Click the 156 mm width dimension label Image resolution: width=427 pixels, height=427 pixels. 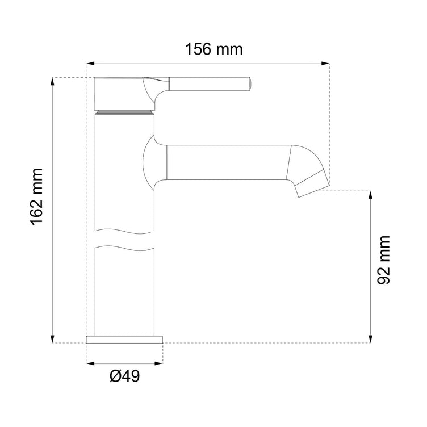click(213, 49)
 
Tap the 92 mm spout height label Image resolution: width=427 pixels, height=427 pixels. click(383, 260)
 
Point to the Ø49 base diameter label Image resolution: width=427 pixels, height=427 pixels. click(125, 376)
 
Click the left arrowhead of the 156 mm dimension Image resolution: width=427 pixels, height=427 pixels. click(90, 64)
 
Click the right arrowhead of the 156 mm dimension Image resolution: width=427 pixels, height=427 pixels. click(325, 64)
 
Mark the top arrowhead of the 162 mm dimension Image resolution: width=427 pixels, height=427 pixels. click(52, 82)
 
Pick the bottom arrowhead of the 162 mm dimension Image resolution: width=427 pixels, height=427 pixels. click(52, 339)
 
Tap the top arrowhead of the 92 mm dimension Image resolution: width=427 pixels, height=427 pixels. click(370, 195)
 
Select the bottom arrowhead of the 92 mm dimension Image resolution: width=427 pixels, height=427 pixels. click(370, 339)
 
